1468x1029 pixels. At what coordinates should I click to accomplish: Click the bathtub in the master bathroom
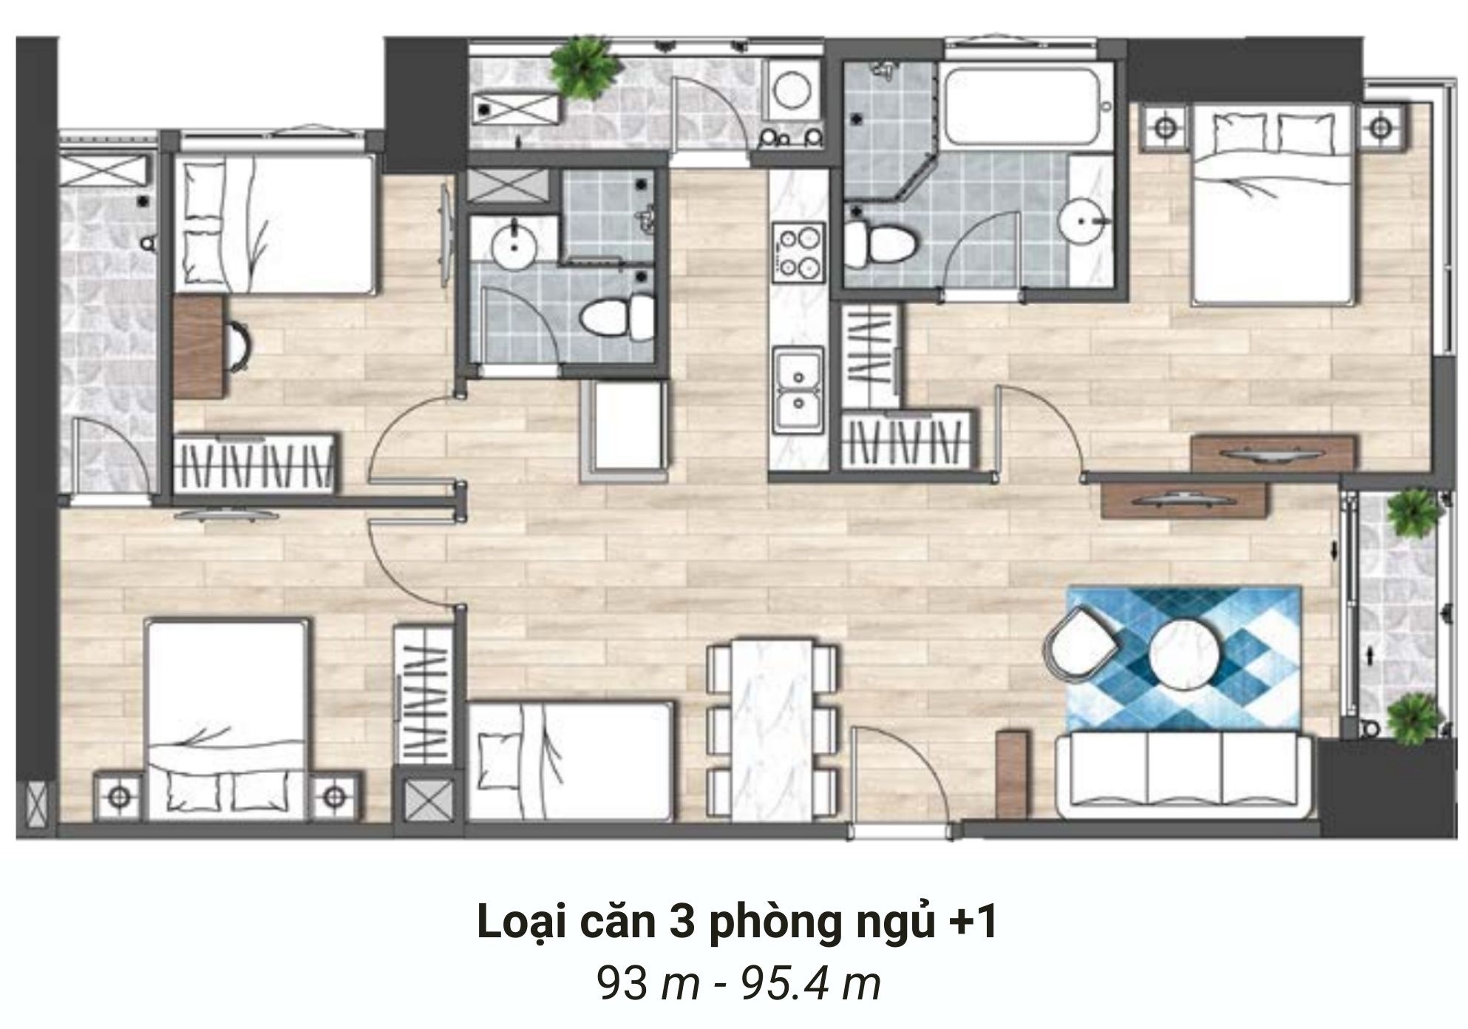pos(1028,107)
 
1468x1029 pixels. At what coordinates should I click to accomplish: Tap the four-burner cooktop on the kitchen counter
pos(798,252)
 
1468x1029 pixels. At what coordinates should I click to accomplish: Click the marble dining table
pos(772,732)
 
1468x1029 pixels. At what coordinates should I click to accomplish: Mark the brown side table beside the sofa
pos(1010,773)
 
